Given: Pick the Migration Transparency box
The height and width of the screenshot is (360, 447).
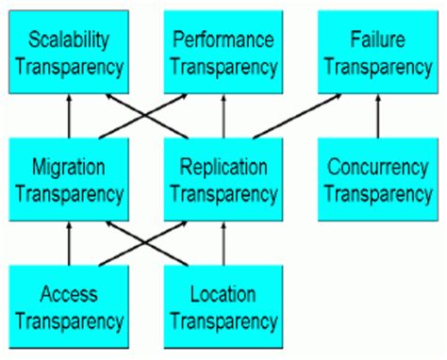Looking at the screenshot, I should (69, 180).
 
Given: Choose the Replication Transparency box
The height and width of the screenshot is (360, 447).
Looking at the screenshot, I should (223, 180).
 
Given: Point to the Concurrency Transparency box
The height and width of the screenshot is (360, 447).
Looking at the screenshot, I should (376, 180).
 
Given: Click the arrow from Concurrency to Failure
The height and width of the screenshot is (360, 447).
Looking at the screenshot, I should (376, 116).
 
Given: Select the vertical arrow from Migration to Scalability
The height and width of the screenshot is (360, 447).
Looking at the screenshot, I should (69, 116).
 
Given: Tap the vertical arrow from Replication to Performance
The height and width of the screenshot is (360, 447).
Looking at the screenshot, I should (223, 116).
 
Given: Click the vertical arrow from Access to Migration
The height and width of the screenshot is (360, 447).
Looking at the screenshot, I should (69, 243).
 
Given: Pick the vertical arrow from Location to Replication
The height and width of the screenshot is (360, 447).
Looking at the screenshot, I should (223, 243).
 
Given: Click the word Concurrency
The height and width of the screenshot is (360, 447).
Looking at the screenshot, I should (376, 168).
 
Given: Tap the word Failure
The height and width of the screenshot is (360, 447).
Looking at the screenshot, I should (376, 40).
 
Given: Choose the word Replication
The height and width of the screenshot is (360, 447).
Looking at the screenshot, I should (223, 168).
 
